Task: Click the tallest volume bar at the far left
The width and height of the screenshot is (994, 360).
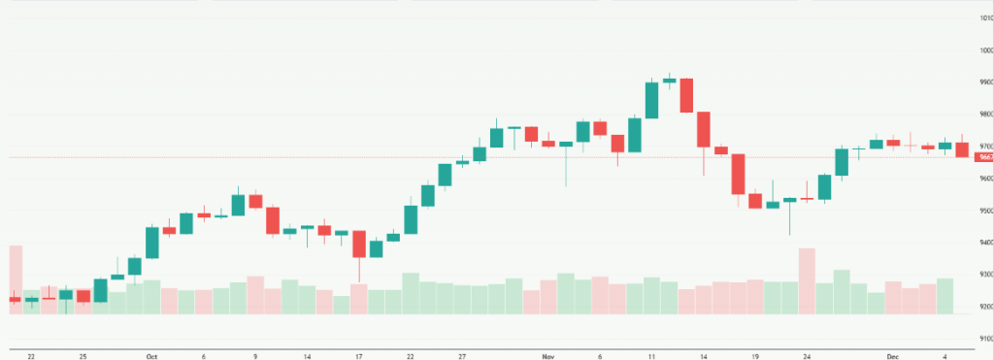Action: click(x=15, y=281)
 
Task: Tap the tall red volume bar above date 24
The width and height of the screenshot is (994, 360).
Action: click(x=807, y=281)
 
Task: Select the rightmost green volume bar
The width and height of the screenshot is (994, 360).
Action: click(x=944, y=296)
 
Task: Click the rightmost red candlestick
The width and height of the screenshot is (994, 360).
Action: click(x=962, y=149)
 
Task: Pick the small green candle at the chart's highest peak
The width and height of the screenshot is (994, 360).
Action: click(x=669, y=81)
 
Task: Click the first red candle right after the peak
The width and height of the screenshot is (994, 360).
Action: click(x=686, y=95)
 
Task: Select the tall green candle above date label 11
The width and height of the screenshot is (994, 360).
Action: click(x=651, y=100)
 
